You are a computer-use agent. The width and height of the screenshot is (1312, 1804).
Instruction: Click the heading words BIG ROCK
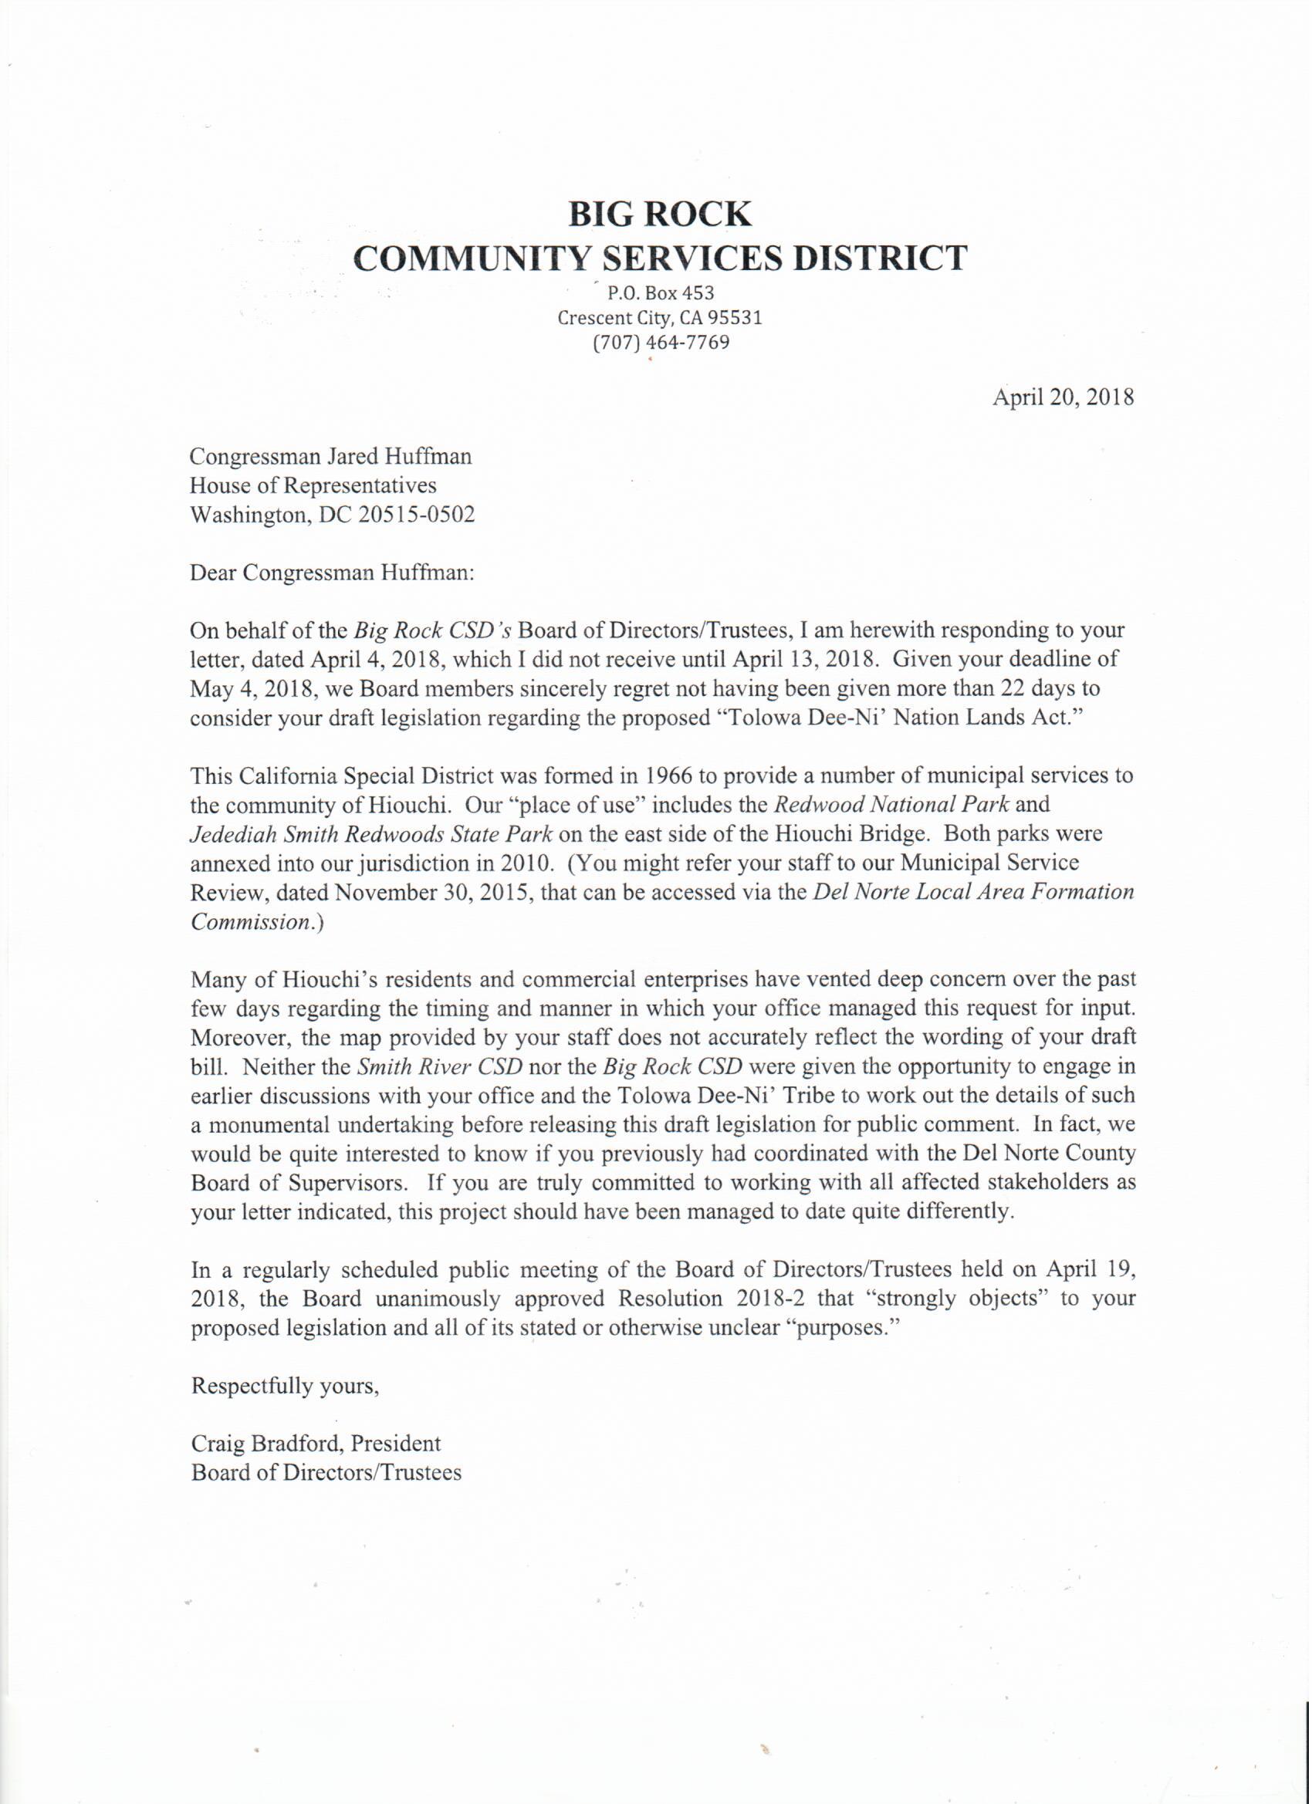[x=660, y=214]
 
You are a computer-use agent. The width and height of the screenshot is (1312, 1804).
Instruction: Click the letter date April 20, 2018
[x=1062, y=397]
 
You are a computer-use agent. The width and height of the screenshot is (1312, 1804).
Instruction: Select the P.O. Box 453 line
[x=661, y=293]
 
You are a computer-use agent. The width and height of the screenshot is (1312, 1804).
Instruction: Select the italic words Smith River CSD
[x=439, y=1066]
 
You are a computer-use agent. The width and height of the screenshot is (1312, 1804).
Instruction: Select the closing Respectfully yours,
[x=285, y=1387]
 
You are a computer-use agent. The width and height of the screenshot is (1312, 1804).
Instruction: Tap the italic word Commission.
[x=249, y=922]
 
